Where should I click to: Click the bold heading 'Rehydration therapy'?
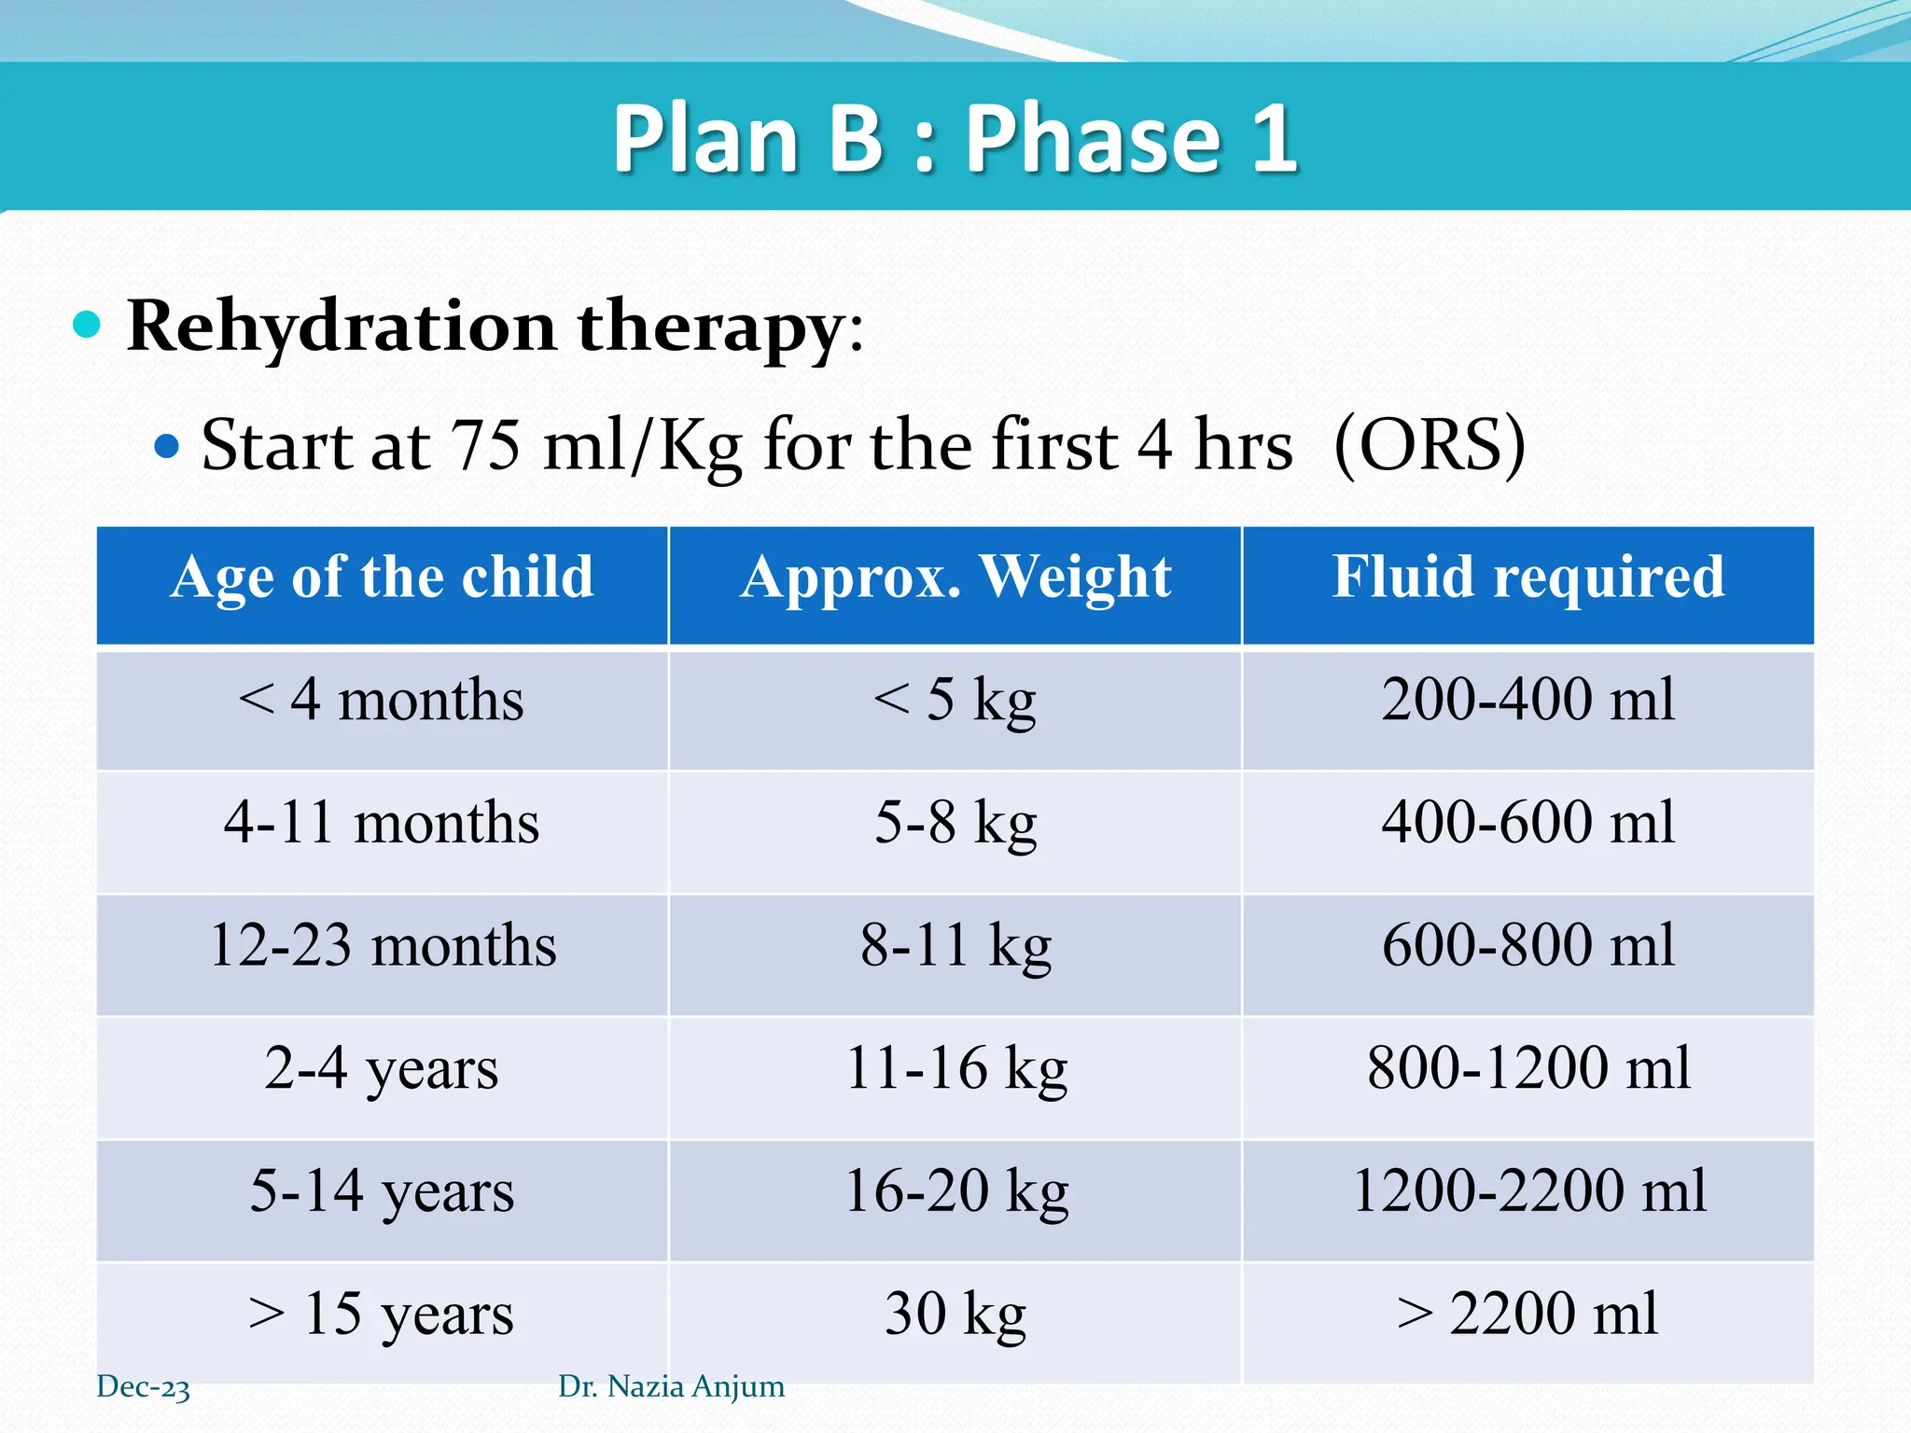click(485, 327)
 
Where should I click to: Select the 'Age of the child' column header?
click(382, 577)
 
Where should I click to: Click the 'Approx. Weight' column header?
click(955, 577)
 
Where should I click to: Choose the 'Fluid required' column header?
click(1527, 577)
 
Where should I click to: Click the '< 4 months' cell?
click(382, 700)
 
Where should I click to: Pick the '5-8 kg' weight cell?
click(955, 823)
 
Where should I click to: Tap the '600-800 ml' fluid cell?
click(1527, 945)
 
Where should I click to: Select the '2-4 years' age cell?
click(382, 1068)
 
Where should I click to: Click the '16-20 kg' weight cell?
click(955, 1191)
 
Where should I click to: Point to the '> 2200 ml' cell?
click(1527, 1314)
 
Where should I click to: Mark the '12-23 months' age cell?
click(382, 945)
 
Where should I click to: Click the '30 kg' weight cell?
click(955, 1314)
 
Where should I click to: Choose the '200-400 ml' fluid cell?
click(1527, 700)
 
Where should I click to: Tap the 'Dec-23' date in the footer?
click(143, 1387)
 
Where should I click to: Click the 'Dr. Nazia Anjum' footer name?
click(671, 1386)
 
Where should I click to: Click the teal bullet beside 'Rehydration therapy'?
click(87, 325)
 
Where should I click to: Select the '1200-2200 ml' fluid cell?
click(1527, 1191)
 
